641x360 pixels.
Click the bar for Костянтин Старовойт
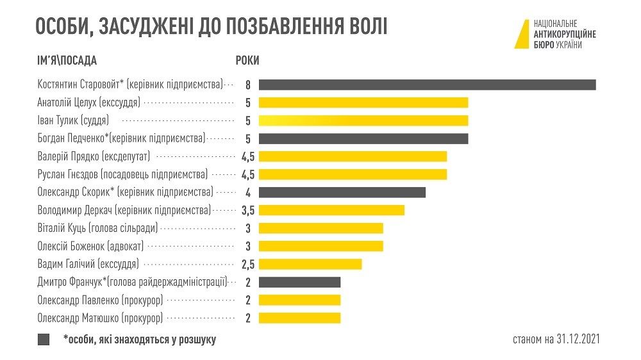427,85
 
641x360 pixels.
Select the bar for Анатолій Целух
363,102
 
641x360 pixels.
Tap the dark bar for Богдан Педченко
363,138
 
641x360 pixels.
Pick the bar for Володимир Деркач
331,210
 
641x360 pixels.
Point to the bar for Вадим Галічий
310,264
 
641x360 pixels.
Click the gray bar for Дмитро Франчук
299,282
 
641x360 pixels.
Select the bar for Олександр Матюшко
299,318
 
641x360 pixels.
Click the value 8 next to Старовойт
247,85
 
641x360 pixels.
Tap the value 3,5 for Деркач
247,210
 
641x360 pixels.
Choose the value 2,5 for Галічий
247,264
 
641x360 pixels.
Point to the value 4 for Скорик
247,192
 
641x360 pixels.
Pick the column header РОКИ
247,61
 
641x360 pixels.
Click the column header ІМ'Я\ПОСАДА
67,61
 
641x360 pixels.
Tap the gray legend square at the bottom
44,340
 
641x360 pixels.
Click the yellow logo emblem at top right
522,34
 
